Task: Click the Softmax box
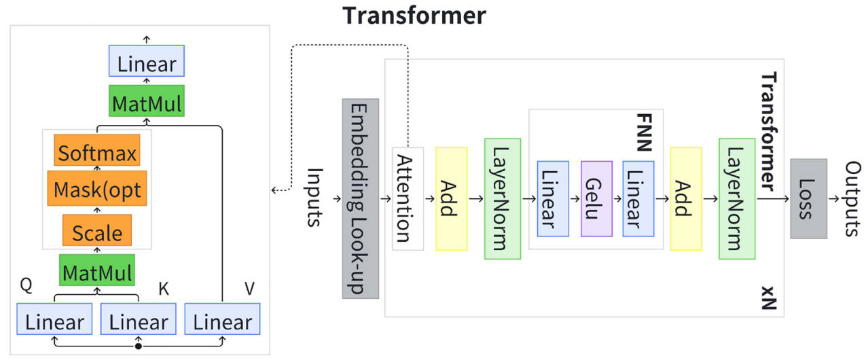pos(96,154)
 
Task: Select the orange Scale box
pos(96,232)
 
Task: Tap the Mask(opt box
pos(96,190)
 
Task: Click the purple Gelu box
pos(596,198)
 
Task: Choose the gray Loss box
pos(808,198)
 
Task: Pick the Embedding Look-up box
pos(360,198)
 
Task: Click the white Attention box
pos(408,198)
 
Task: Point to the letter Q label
pos(26,286)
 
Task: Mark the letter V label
pos(249,288)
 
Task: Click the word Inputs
pos(314,198)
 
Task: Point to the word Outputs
pos(852,198)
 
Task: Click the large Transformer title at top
pos(414,15)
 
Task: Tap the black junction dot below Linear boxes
pos(139,346)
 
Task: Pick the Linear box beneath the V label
pos(223,321)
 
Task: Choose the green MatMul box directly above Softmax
pos(146,104)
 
